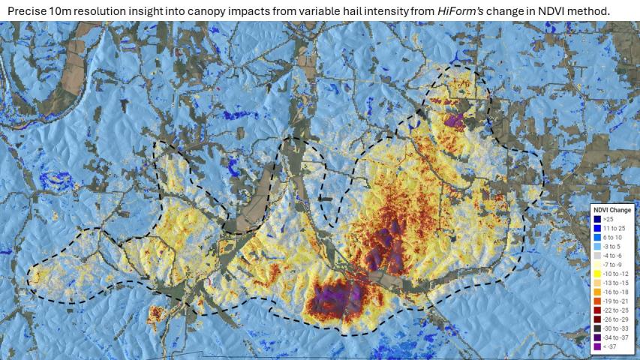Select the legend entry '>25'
(x=607, y=218)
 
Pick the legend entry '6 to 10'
(x=609, y=237)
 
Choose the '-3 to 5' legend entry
(x=609, y=246)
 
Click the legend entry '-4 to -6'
(x=609, y=255)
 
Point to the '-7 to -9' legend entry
(x=609, y=264)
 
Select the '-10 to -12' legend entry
(x=611, y=273)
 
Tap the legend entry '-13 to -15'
(x=611, y=283)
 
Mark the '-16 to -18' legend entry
(x=611, y=292)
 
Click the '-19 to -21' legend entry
(x=611, y=301)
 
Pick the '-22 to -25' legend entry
(x=611, y=310)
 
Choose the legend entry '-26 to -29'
(x=611, y=319)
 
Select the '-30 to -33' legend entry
(x=611, y=328)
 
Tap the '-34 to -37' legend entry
(x=611, y=337)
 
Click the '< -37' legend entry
(x=608, y=346)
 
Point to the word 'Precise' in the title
(x=27, y=11)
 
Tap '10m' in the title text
(x=64, y=11)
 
